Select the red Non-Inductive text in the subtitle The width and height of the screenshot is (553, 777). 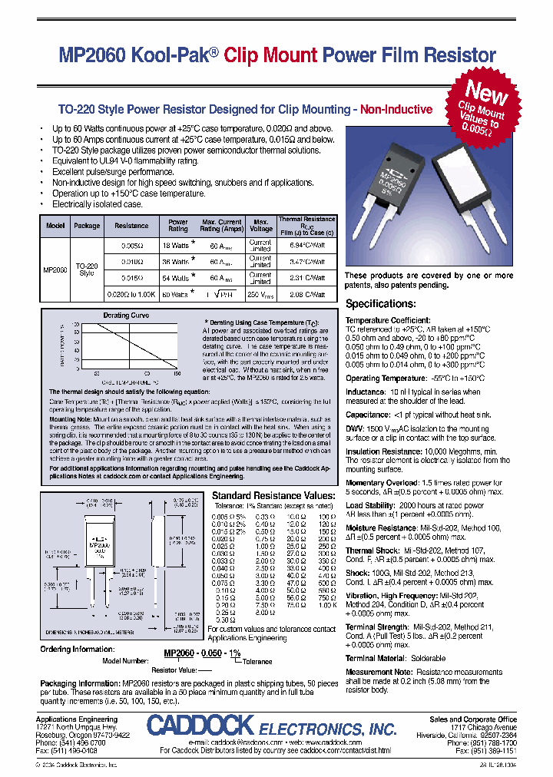coord(396,110)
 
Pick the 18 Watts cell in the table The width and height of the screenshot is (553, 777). coord(177,246)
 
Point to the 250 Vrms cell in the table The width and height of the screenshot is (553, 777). coord(261,293)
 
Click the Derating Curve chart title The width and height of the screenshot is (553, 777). coord(126,316)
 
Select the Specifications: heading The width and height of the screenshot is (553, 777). coord(381,304)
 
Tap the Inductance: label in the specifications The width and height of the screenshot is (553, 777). coord(365,392)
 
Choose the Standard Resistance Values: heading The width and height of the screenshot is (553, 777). coord(273,496)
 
